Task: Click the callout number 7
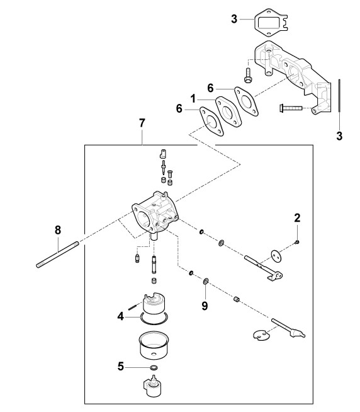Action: (x=142, y=123)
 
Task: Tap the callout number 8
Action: (x=58, y=230)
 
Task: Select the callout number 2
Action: (x=297, y=218)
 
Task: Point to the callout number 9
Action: (x=205, y=306)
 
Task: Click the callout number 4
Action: (x=121, y=316)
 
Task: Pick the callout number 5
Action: (x=121, y=366)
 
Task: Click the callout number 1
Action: (x=193, y=99)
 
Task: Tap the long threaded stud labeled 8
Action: (x=57, y=255)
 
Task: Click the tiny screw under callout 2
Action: (x=297, y=242)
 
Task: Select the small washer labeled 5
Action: (x=154, y=367)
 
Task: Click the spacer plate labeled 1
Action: (x=228, y=112)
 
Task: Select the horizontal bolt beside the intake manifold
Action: (x=291, y=108)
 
